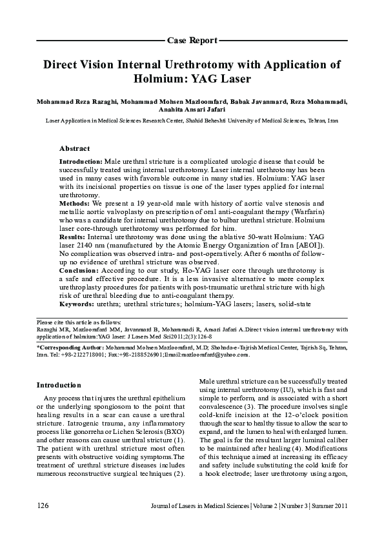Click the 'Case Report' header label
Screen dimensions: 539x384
point(192,40)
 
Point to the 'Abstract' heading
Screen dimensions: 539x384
point(74,148)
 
